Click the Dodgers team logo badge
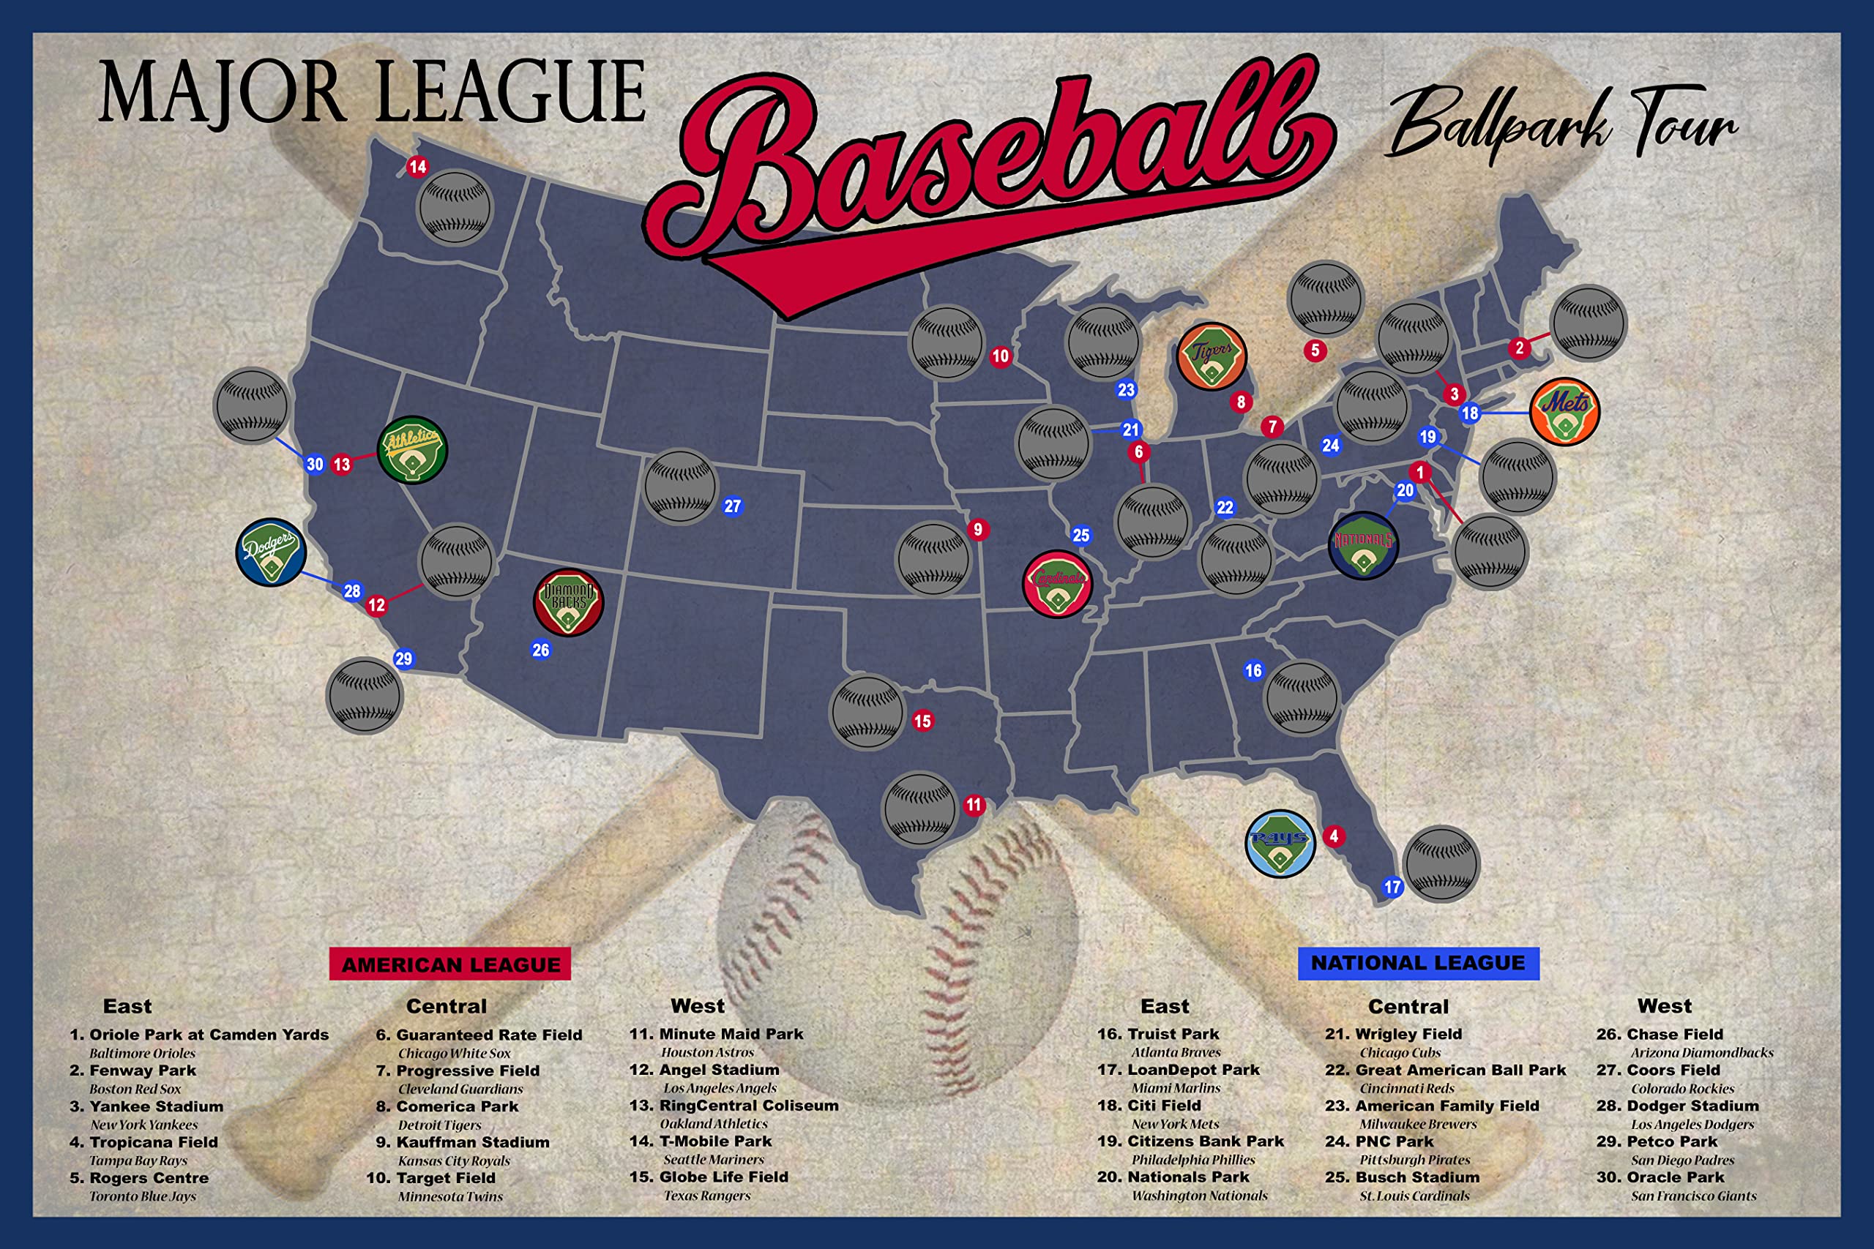pyautogui.click(x=271, y=552)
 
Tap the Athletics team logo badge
pyautogui.click(x=412, y=450)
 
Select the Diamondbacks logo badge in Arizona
pyautogui.click(x=568, y=601)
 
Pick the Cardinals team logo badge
pyautogui.click(x=1057, y=584)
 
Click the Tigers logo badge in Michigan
pyautogui.click(x=1211, y=356)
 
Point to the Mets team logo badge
pyautogui.click(x=1564, y=411)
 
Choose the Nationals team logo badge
pyautogui.click(x=1363, y=546)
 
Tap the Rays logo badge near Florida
pyautogui.click(x=1280, y=844)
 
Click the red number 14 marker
pyautogui.click(x=417, y=167)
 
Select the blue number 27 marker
pyautogui.click(x=732, y=506)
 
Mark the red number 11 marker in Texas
pyautogui.click(x=974, y=806)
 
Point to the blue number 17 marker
pyautogui.click(x=1392, y=888)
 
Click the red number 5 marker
pyautogui.click(x=1315, y=350)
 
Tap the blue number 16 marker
pyautogui.click(x=1253, y=671)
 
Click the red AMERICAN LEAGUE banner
pyautogui.click(x=450, y=964)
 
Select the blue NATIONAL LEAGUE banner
pyautogui.click(x=1418, y=963)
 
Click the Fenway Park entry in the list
pyautogui.click(x=143, y=1070)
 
